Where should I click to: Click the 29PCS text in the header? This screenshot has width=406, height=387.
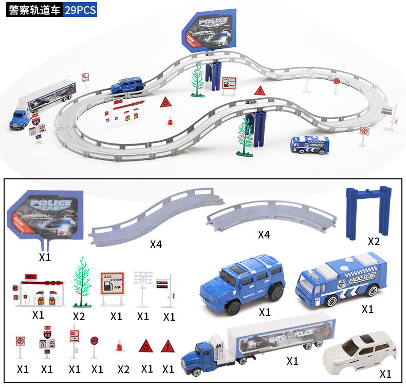[81, 10]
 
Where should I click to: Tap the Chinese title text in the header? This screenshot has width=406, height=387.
[35, 10]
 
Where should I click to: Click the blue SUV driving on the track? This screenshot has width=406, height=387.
[126, 85]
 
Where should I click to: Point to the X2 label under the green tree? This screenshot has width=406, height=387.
[79, 316]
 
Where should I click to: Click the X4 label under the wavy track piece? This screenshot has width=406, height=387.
[156, 244]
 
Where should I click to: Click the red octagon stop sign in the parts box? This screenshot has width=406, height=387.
[94, 341]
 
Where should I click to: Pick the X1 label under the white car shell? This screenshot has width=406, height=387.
[385, 374]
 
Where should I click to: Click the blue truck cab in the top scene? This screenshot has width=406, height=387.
[20, 120]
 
